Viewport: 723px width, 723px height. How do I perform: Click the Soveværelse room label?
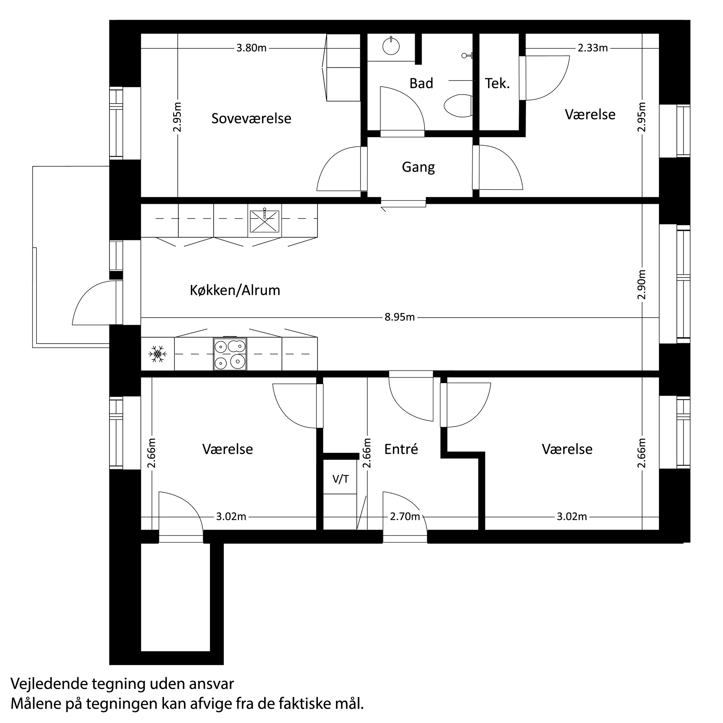click(251, 119)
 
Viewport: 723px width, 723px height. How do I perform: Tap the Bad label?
click(421, 83)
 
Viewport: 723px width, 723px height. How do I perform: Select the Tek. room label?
click(497, 83)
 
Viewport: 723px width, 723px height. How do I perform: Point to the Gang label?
click(418, 167)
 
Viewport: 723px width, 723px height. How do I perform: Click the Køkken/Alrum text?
click(235, 291)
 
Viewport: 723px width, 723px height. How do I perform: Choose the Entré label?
click(401, 449)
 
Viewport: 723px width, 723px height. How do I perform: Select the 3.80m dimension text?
click(251, 48)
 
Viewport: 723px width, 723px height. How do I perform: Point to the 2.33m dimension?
click(593, 48)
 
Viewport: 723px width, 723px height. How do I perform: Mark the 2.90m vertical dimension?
click(642, 284)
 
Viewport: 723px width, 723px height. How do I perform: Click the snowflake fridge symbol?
click(157, 354)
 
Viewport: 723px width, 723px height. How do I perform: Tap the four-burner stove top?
click(230, 354)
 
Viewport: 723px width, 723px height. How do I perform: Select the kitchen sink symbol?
click(264, 221)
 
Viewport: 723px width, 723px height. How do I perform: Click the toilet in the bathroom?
click(457, 106)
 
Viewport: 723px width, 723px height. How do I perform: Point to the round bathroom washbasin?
click(391, 47)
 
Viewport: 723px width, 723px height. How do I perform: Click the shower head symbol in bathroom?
click(466, 56)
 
